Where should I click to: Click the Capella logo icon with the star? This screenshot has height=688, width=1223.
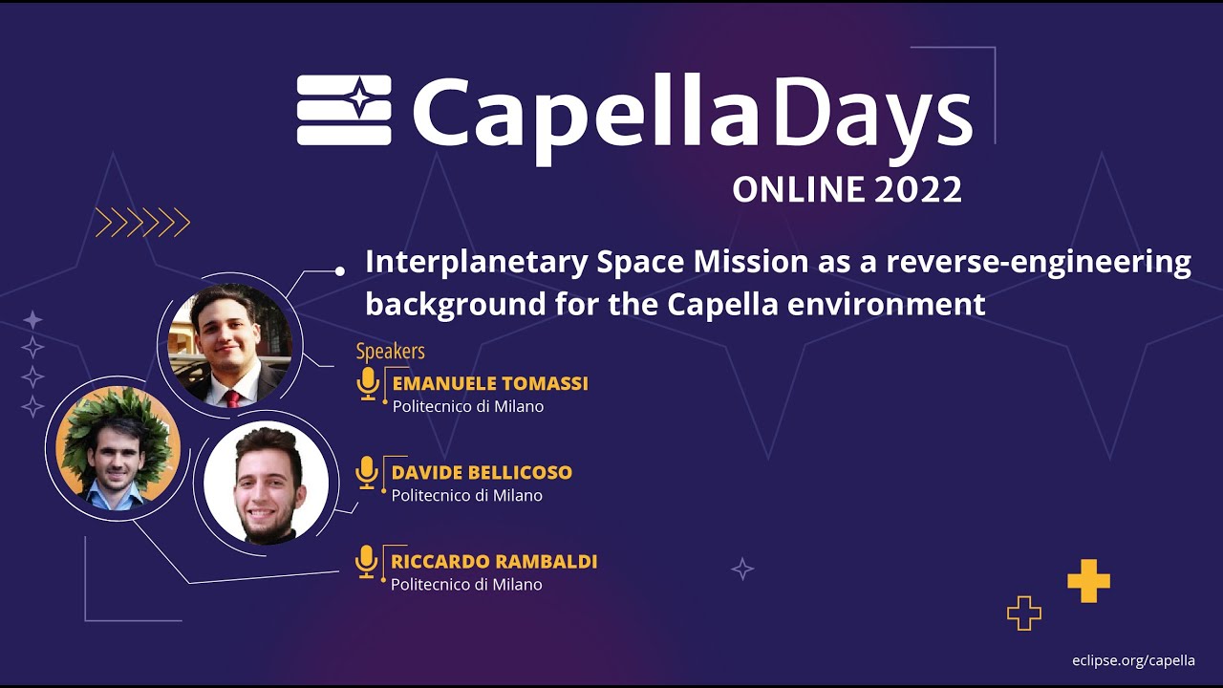(x=344, y=110)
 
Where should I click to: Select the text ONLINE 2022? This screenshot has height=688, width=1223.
(x=847, y=189)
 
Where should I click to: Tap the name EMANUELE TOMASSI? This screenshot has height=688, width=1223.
(x=490, y=384)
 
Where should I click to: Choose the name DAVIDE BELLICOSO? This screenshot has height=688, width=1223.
(x=482, y=473)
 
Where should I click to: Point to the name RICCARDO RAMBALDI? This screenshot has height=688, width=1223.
(x=494, y=562)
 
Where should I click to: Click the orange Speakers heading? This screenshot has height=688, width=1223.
(x=390, y=352)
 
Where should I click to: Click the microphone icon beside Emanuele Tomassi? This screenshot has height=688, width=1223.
(x=368, y=383)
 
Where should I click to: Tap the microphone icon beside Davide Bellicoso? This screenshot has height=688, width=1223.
(x=367, y=472)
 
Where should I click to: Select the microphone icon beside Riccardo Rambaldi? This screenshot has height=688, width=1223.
(x=367, y=561)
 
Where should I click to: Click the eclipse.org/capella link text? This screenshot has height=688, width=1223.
(x=1133, y=660)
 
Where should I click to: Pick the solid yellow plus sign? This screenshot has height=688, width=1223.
(x=1088, y=581)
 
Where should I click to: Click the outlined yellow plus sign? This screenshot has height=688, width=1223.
(x=1023, y=613)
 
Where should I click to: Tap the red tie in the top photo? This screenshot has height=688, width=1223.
(x=231, y=398)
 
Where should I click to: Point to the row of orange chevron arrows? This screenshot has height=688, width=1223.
(x=142, y=223)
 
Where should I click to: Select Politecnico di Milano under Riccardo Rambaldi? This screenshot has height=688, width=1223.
(x=466, y=585)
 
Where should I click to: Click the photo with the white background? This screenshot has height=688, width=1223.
(x=267, y=483)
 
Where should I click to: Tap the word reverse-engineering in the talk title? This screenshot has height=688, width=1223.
(x=1039, y=262)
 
